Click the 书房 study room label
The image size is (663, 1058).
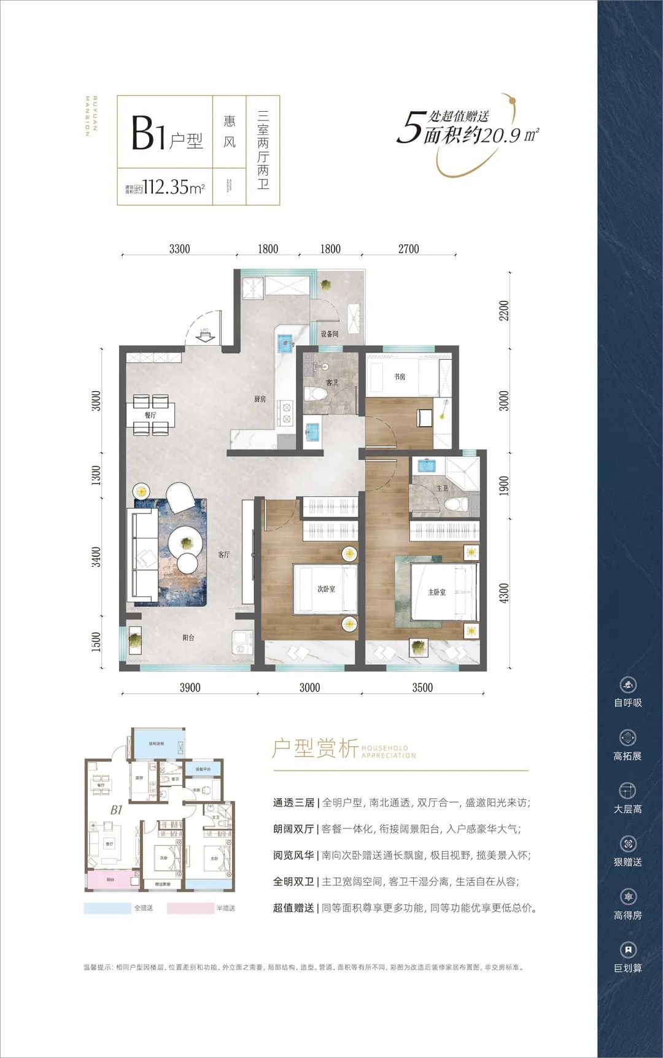[x=400, y=376]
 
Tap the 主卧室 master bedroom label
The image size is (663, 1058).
[x=436, y=592]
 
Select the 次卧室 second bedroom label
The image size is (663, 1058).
[x=326, y=589]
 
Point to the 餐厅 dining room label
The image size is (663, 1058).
[x=150, y=415]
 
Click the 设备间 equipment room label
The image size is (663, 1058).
[x=330, y=334]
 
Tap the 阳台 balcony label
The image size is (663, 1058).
[x=188, y=638]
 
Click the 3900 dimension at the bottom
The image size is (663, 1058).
[x=190, y=688]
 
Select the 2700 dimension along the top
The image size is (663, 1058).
[x=408, y=249]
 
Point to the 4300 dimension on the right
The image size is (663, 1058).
[x=504, y=593]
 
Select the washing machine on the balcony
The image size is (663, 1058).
[x=241, y=644]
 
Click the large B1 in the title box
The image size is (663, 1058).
[x=148, y=133]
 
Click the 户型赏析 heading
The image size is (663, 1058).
[x=315, y=749]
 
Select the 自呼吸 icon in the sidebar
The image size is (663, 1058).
[x=627, y=685]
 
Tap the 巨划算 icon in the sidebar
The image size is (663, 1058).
[x=627, y=950]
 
